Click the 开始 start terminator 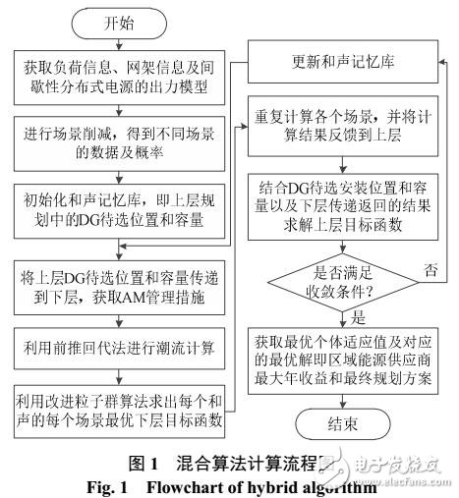click(116, 22)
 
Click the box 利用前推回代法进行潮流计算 click(115, 348)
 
